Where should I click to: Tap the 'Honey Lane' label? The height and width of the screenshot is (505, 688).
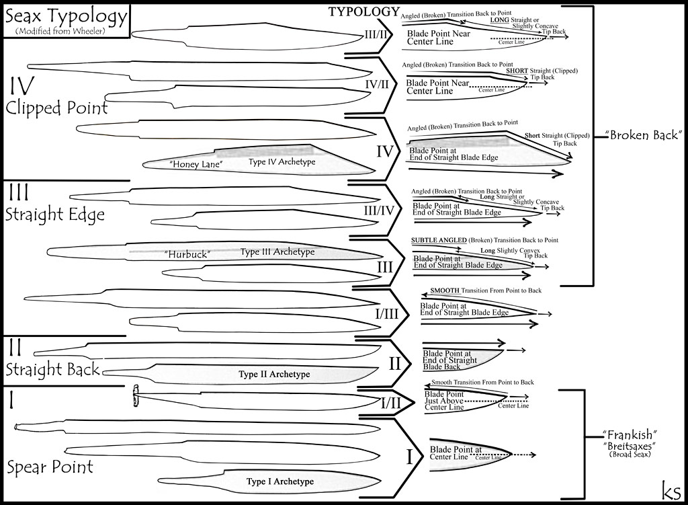(193, 163)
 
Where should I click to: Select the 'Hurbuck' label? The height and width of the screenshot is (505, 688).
(187, 254)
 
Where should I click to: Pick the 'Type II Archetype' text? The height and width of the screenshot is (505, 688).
(274, 374)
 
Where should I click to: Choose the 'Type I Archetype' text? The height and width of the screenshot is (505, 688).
(280, 481)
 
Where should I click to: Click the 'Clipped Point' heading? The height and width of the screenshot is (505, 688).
(56, 108)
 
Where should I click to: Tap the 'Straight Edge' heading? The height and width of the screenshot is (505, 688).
(55, 215)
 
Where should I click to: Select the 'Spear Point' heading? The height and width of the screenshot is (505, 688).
(50, 467)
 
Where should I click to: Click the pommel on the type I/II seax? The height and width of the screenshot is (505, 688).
(135, 397)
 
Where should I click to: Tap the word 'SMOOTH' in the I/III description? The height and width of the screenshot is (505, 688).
(444, 290)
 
